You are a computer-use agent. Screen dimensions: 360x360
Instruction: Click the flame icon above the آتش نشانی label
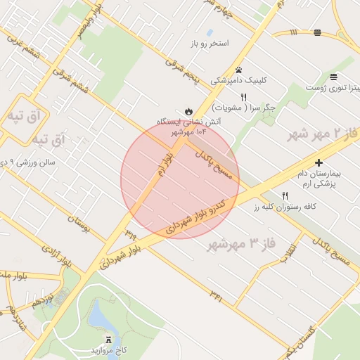coord(188,111)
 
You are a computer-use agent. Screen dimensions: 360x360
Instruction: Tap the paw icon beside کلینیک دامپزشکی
coord(239,70)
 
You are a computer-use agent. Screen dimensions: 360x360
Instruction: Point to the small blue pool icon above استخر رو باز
coord(210,32)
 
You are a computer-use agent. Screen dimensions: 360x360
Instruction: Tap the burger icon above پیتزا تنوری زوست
coord(333,76)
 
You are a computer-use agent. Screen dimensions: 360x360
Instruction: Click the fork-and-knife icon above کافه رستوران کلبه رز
coord(285,195)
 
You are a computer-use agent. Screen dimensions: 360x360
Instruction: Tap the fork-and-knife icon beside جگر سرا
coord(243,97)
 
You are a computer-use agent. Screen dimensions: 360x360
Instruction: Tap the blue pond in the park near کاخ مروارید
coord(99,321)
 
